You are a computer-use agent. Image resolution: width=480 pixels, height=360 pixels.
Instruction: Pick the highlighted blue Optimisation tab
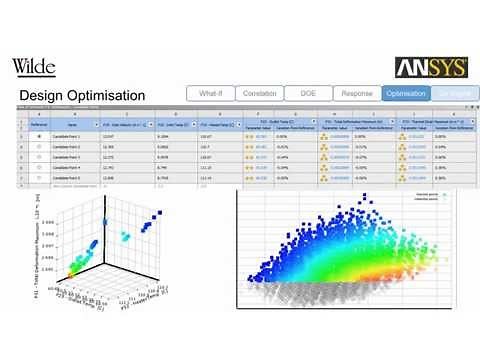404,93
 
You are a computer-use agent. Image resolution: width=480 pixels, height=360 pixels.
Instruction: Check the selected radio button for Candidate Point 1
38,136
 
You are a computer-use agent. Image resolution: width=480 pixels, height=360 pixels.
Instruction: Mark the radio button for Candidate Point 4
38,167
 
